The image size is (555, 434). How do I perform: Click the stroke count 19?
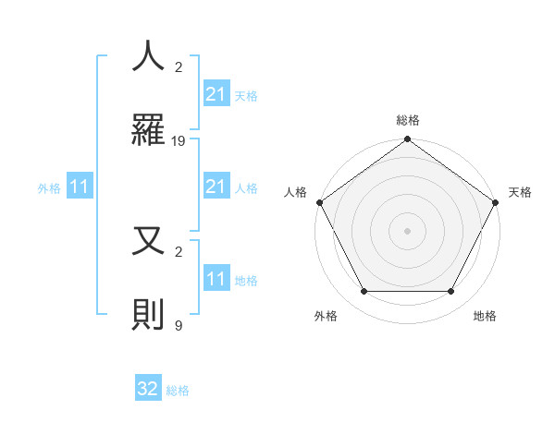pyautogui.click(x=179, y=141)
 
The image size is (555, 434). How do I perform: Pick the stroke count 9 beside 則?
pyautogui.click(x=179, y=325)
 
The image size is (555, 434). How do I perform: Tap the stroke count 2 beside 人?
pyautogui.click(x=179, y=67)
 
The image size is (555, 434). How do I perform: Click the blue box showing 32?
pyautogui.click(x=148, y=389)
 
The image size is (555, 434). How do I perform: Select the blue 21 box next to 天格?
pyautogui.click(x=216, y=94)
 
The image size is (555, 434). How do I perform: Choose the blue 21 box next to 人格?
pyautogui.click(x=216, y=187)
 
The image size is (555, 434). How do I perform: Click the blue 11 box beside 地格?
pyautogui.click(x=216, y=279)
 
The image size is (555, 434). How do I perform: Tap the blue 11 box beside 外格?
pyautogui.click(x=80, y=187)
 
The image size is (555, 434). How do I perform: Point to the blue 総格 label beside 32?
pyautogui.click(x=178, y=391)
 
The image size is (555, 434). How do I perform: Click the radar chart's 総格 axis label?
pyautogui.click(x=407, y=121)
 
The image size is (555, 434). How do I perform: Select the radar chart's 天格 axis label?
pyautogui.click(x=520, y=192)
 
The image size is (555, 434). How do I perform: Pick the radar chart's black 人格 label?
pyautogui.click(x=296, y=192)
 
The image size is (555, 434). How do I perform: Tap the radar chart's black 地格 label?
pyautogui.click(x=485, y=316)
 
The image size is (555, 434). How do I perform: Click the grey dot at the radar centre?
pyautogui.click(x=407, y=230)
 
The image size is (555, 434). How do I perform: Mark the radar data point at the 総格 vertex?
pyautogui.click(x=407, y=140)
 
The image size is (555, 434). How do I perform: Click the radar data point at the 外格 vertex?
pyautogui.click(x=364, y=292)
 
